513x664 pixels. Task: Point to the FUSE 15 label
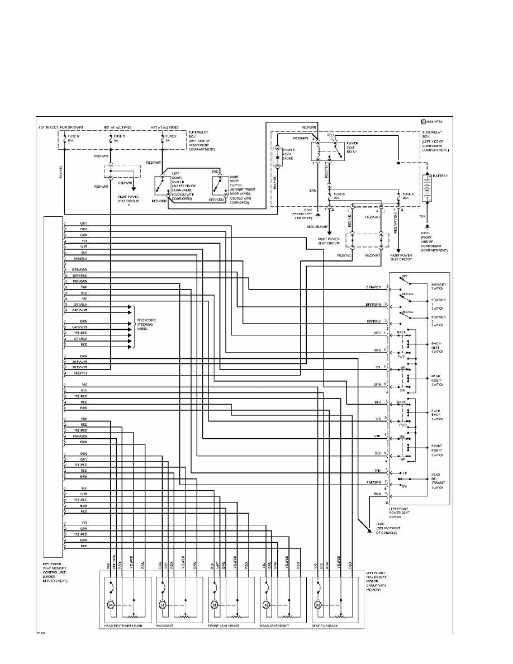click(120, 136)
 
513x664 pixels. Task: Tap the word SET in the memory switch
click(403, 276)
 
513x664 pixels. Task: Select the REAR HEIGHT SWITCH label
click(436, 380)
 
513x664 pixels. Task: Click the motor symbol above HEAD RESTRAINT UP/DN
click(111, 605)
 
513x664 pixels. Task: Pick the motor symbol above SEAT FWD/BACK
click(318, 605)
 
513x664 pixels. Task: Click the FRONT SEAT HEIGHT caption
click(224, 626)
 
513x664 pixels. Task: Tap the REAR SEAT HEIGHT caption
click(274, 626)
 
